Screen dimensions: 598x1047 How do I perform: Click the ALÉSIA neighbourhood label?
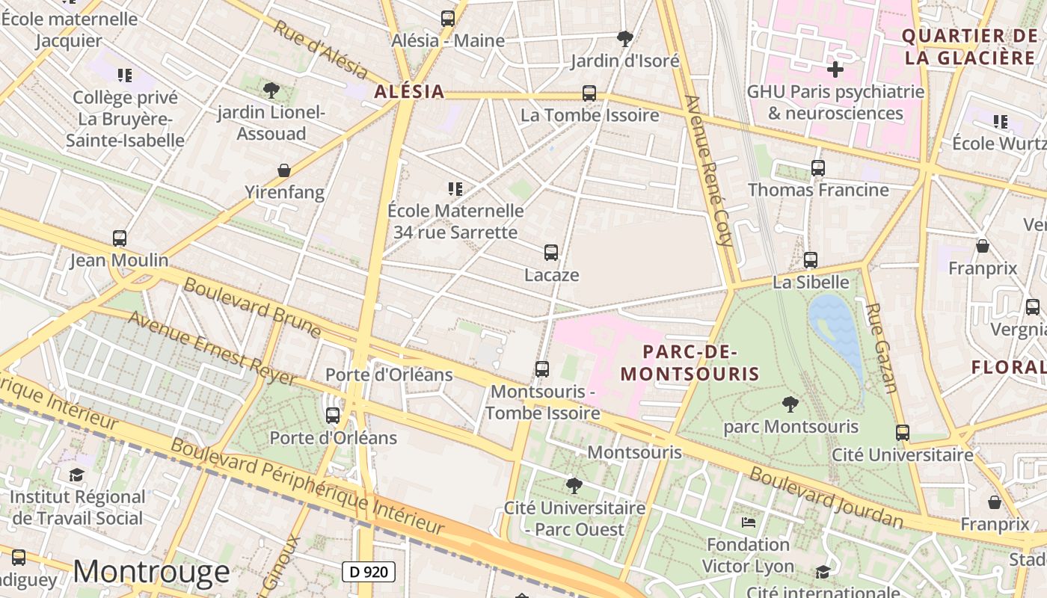(x=408, y=92)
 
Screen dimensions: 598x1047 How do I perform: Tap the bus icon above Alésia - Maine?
(x=448, y=19)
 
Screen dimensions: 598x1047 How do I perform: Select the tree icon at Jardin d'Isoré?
(x=624, y=38)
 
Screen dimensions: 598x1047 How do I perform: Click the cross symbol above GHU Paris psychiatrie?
(x=835, y=70)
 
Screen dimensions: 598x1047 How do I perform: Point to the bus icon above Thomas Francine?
(x=817, y=168)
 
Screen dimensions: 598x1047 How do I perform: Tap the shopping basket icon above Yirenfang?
(x=284, y=170)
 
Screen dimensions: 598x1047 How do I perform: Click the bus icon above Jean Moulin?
(x=120, y=238)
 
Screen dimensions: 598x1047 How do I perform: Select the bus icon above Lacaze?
(x=551, y=253)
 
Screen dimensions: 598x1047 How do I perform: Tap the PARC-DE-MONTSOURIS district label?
(x=690, y=363)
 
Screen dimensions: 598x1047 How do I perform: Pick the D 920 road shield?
(x=369, y=572)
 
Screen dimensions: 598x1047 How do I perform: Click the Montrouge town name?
(x=151, y=572)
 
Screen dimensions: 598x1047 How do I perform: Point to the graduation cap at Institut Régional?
(x=76, y=475)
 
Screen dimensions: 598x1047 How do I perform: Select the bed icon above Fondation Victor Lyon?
(x=748, y=522)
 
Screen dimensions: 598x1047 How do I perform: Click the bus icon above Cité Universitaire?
(x=903, y=432)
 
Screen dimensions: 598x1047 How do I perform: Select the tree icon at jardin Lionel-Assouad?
(x=271, y=90)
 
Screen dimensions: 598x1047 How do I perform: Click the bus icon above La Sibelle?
(x=811, y=260)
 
